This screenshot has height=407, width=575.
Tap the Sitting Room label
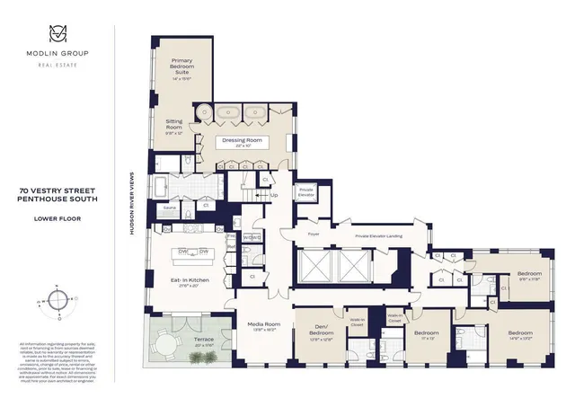[173, 128]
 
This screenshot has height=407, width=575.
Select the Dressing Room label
[241, 141]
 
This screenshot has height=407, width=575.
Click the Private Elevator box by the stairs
[306, 191]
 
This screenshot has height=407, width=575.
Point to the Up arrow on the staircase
[273, 195]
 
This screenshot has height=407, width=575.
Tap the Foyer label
[314, 234]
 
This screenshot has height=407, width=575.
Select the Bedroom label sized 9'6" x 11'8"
[529, 274]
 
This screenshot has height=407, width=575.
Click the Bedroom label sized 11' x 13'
[425, 334]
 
